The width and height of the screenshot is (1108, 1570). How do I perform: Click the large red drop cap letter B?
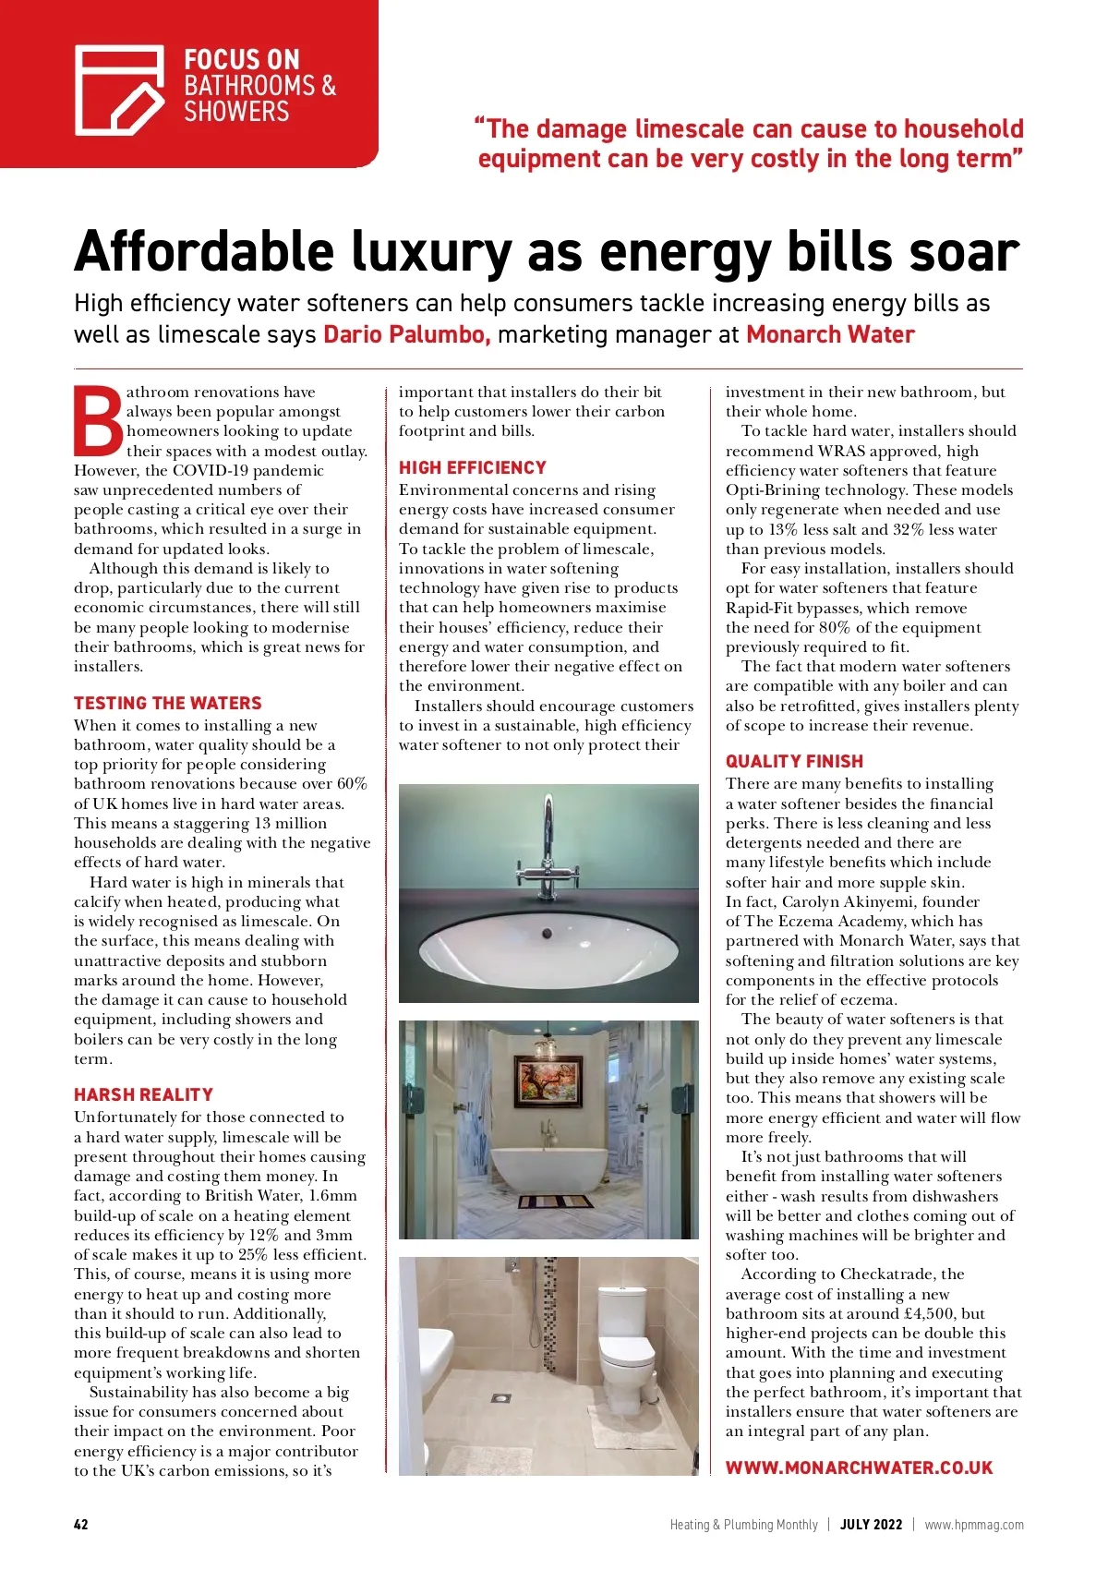[98, 421]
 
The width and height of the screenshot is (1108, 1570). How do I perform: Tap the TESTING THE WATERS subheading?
[167, 703]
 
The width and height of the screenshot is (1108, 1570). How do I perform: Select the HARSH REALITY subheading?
[143, 1094]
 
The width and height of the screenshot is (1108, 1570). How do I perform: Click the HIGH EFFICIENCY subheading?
[472, 468]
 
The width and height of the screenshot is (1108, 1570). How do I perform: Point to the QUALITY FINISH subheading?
[794, 761]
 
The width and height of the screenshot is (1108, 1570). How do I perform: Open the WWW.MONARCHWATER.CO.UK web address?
[859, 1467]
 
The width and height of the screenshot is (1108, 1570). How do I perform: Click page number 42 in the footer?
[81, 1525]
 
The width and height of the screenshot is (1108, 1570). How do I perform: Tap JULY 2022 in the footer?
[871, 1525]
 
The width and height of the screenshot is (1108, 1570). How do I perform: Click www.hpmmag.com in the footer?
[973, 1525]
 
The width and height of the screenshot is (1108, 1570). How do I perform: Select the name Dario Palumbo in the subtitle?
[406, 334]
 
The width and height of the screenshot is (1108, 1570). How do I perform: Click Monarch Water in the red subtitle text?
[830, 334]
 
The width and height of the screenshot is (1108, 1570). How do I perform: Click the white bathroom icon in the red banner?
[119, 90]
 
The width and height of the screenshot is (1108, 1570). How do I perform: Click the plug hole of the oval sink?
[547, 934]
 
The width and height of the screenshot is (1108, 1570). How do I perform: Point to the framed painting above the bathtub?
[548, 1081]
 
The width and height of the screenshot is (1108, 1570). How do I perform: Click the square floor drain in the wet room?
[502, 1398]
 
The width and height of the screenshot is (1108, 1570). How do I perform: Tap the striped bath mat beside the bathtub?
[554, 1202]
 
